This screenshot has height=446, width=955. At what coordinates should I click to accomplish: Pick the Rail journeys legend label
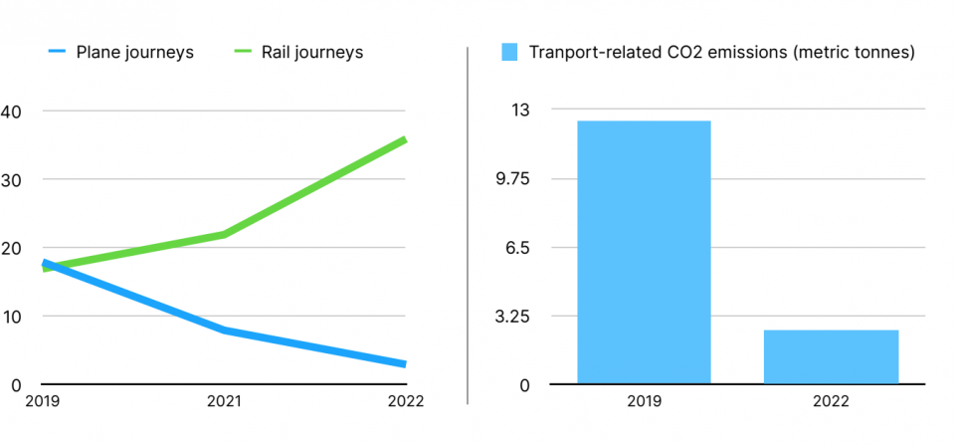[312, 52]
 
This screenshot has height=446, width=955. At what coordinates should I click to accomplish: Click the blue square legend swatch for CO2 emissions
[510, 52]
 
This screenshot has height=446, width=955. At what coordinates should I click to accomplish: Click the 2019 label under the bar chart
[644, 402]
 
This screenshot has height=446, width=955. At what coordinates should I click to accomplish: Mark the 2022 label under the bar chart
[831, 402]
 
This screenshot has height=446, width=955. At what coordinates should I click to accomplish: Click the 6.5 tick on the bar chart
[519, 248]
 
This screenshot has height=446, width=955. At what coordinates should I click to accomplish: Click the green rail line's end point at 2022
[404, 139]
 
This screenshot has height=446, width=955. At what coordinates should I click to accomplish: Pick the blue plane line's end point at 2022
[404, 363]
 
